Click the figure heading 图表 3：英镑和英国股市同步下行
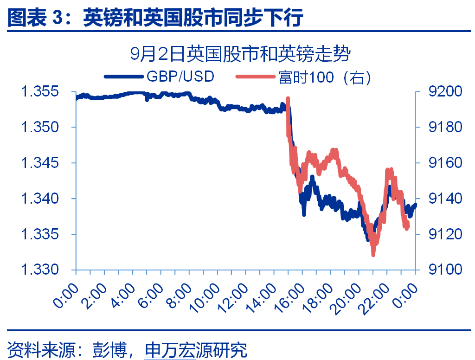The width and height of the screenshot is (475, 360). [155, 18]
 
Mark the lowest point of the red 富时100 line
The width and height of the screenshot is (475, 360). [373, 254]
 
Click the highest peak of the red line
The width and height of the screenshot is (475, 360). [288, 98]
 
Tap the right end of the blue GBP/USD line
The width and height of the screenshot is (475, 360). [415, 204]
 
